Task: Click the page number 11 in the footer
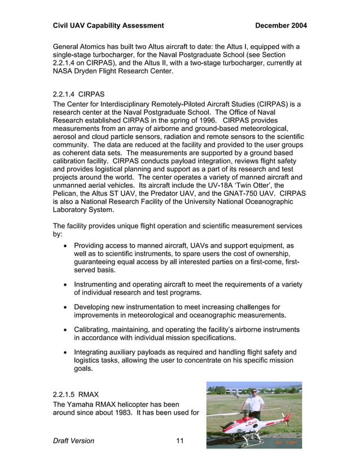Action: click(x=180, y=441)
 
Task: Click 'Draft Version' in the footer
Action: click(x=73, y=441)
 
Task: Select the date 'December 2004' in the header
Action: click(x=281, y=25)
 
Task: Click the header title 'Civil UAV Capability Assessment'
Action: click(x=108, y=25)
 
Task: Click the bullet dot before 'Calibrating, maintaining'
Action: click(x=67, y=329)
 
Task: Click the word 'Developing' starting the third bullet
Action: click(x=95, y=307)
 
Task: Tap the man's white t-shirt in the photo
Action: click(x=256, y=405)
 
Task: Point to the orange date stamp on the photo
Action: click(x=287, y=442)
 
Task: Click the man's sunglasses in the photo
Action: click(x=255, y=392)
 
